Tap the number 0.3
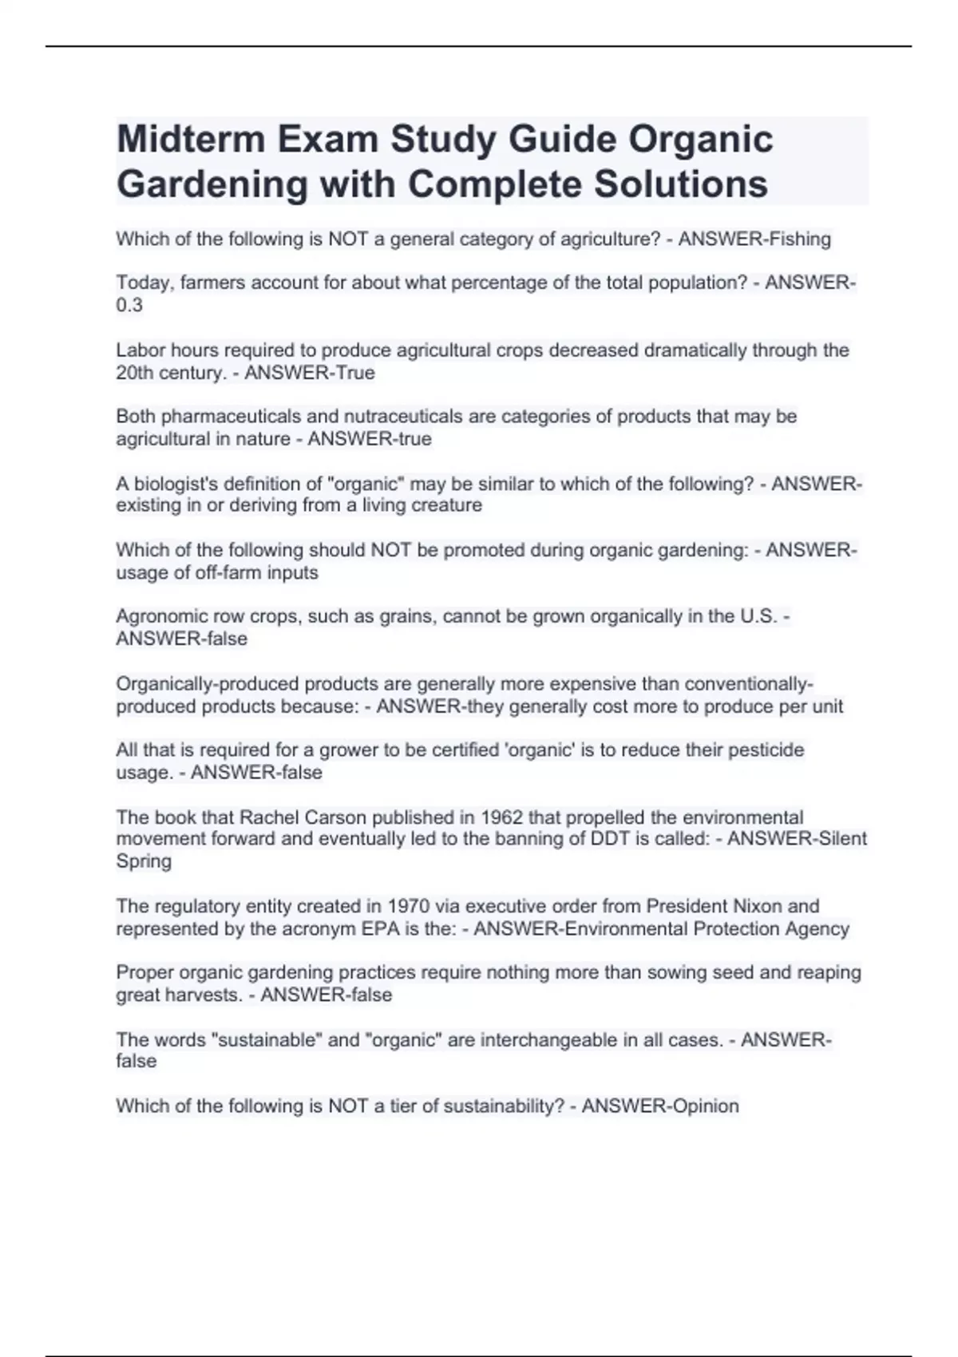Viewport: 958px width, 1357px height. [129, 305]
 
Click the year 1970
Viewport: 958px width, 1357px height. [408, 906]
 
